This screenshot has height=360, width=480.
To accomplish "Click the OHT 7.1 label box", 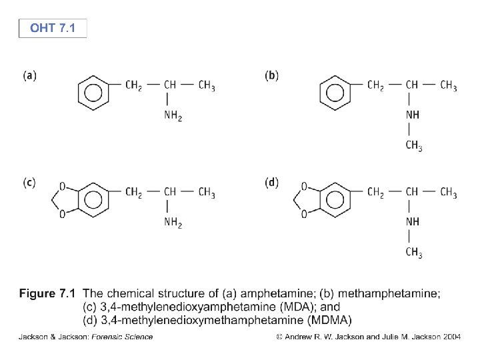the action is (x=53, y=29).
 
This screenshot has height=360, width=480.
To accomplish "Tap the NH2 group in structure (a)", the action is (x=173, y=116).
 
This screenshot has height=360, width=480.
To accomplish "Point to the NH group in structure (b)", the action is (x=413, y=115).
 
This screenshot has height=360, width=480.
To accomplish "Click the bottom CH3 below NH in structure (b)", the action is (x=414, y=146).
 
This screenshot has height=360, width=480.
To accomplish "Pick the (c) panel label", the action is (x=29, y=183).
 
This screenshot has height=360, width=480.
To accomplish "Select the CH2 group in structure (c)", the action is (x=133, y=193).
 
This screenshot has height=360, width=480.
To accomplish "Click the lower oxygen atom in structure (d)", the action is (x=304, y=214).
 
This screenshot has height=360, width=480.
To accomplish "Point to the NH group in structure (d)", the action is (x=413, y=222).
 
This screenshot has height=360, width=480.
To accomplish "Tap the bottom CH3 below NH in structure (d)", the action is (x=414, y=253).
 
